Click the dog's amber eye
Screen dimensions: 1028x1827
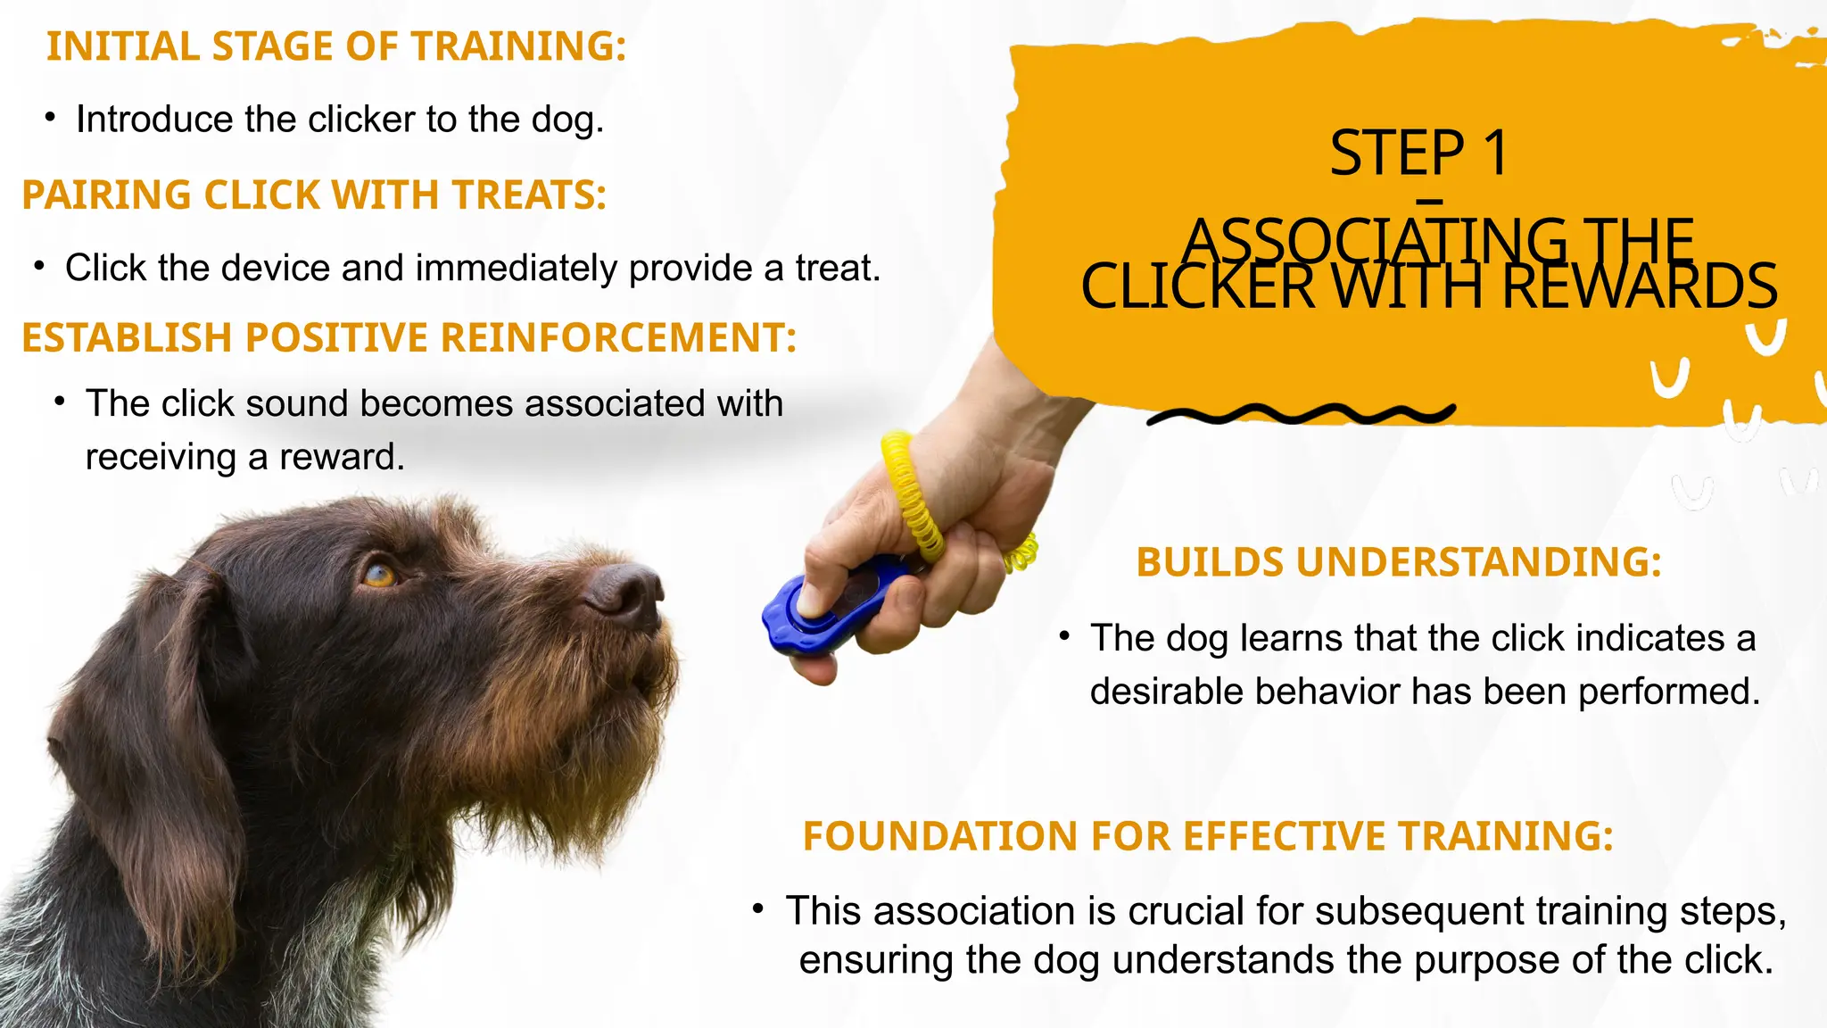tap(379, 575)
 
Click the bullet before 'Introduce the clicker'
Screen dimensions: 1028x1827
tap(51, 118)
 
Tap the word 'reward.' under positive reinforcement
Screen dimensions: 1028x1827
tap(342, 458)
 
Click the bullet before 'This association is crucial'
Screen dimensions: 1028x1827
tap(757, 909)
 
